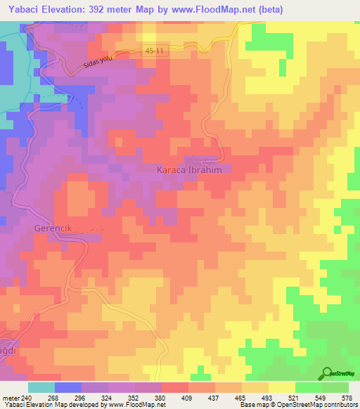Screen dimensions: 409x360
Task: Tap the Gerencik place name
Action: tap(53, 228)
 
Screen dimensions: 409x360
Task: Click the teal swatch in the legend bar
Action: tap(41, 387)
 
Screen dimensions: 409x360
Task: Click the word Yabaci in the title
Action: tap(22, 8)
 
